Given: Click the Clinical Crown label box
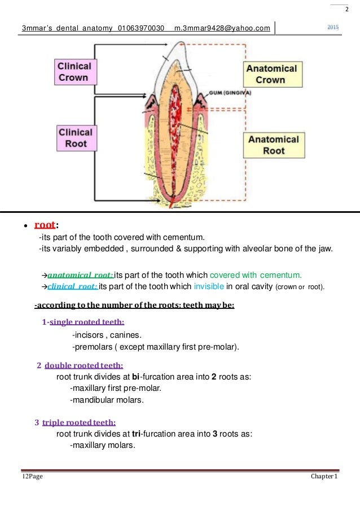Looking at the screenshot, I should [74, 72].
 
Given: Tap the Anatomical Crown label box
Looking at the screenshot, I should [270, 74].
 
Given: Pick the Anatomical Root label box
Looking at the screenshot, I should [274, 145].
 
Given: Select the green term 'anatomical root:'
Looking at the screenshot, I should [81, 276].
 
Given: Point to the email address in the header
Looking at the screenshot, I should [222, 28].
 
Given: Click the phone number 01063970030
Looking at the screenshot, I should [141, 28].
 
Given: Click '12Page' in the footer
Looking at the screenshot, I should [32, 477].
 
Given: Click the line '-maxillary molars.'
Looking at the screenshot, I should [102, 445].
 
